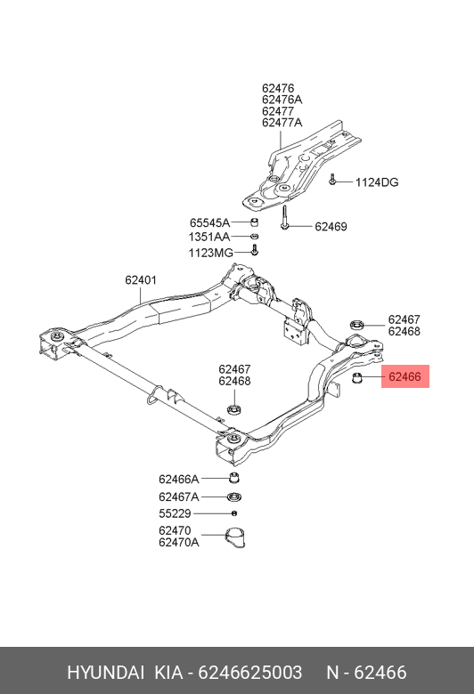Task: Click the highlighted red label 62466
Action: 405,376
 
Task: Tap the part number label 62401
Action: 141,279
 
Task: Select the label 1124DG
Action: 377,182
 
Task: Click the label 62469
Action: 331,227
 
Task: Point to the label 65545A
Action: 209,222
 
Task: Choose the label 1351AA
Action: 209,238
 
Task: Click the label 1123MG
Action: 210,253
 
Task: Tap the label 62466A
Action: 179,479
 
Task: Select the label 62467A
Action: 179,497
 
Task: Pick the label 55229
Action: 175,513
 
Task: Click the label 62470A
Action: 179,542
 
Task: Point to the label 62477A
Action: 282,123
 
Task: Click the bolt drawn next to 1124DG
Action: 332,180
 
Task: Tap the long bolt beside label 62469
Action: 284,217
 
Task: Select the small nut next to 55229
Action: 234,513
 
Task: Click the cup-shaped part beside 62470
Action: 235,538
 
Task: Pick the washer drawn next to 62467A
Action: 234,497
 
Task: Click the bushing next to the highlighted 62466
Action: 357,377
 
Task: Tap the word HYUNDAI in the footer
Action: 105,673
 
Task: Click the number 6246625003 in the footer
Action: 250,673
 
